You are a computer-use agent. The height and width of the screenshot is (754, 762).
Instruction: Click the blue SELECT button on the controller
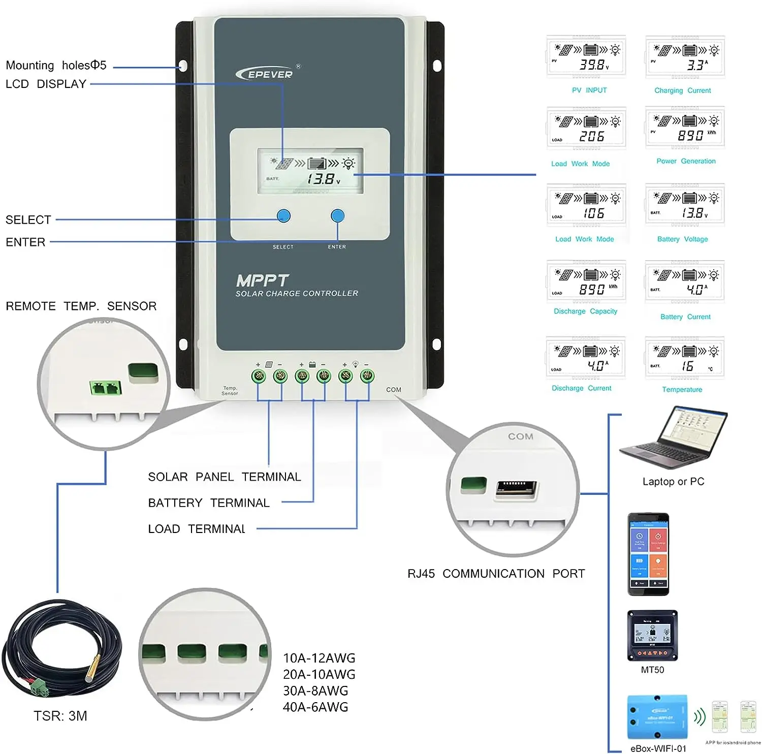(x=283, y=216)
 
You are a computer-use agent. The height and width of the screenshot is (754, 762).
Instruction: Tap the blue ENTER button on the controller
(x=337, y=216)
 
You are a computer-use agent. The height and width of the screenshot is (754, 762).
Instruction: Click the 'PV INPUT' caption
(x=589, y=90)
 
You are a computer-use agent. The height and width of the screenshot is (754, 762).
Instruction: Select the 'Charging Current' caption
(x=682, y=90)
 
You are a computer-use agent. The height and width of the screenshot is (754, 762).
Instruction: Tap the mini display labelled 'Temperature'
(x=684, y=358)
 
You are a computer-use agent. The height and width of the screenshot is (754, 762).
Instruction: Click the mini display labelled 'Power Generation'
(x=685, y=128)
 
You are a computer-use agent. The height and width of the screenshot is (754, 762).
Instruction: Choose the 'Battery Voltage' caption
(x=682, y=239)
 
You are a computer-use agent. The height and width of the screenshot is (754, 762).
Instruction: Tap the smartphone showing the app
(x=648, y=554)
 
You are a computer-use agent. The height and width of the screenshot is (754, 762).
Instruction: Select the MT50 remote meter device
(x=652, y=635)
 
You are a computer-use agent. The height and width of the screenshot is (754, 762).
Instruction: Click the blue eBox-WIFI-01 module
(x=657, y=717)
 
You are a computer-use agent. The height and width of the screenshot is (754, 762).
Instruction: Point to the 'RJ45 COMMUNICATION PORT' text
(x=496, y=574)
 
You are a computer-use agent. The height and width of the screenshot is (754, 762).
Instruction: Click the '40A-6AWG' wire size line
(x=315, y=707)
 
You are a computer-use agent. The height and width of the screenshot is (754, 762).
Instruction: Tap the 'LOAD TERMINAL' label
(x=196, y=529)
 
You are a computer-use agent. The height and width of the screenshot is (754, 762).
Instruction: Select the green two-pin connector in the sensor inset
(x=105, y=388)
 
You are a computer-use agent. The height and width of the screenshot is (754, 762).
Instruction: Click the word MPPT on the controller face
(x=262, y=280)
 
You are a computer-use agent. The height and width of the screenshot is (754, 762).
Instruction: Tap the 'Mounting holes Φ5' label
(x=56, y=66)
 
